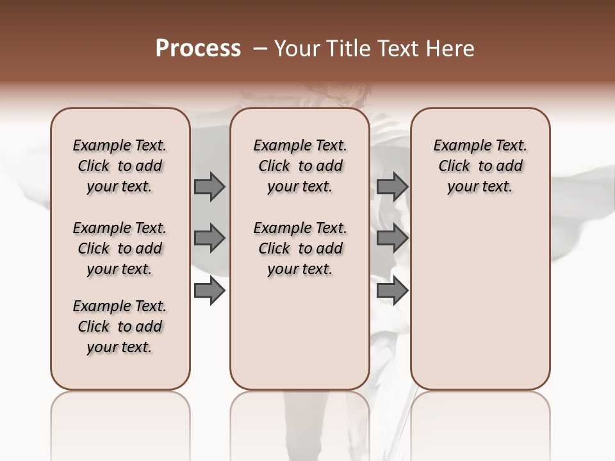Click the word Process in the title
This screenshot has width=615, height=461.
point(198,49)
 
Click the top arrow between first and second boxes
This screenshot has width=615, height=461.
point(209,187)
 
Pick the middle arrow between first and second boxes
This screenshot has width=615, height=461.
point(209,239)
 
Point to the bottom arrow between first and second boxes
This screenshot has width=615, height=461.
point(209,291)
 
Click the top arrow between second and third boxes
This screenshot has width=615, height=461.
point(392,187)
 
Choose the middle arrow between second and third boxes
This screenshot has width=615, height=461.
point(392,239)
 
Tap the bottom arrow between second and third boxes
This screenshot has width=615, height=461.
point(392,291)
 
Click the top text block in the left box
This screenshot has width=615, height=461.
point(120,166)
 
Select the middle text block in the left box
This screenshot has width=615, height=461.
point(120,248)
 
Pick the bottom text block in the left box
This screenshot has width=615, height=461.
point(120,327)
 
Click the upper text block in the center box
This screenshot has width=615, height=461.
point(300,166)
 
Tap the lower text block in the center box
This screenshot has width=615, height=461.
point(300,248)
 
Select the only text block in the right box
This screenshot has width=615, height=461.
point(480,166)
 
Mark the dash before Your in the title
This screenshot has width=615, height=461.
point(260,49)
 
